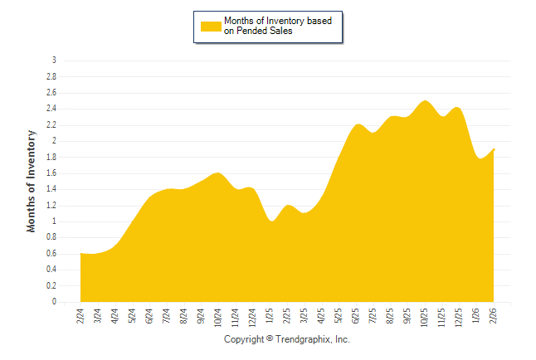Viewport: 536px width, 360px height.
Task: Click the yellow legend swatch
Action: (x=211, y=27)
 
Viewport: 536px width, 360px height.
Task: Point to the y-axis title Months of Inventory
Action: (x=32, y=180)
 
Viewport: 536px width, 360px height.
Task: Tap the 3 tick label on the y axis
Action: (x=54, y=60)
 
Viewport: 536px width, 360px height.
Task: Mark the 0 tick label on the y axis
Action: (x=54, y=302)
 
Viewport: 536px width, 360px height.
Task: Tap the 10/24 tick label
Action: (x=218, y=318)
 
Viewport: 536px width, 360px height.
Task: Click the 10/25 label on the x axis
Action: (x=425, y=318)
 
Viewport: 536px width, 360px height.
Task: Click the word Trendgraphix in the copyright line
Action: (x=301, y=339)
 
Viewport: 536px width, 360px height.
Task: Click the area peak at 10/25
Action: (x=425, y=101)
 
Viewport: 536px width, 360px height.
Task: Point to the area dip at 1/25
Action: (x=270, y=221)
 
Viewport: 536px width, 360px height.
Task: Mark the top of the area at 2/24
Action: (x=80, y=253)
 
